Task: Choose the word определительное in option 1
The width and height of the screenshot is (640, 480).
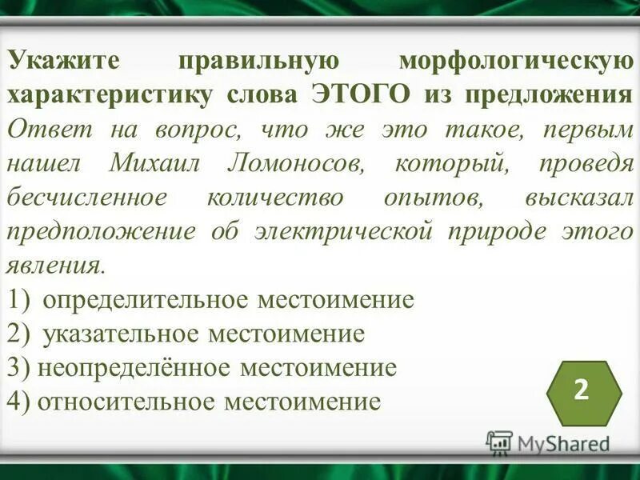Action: coord(146,299)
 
